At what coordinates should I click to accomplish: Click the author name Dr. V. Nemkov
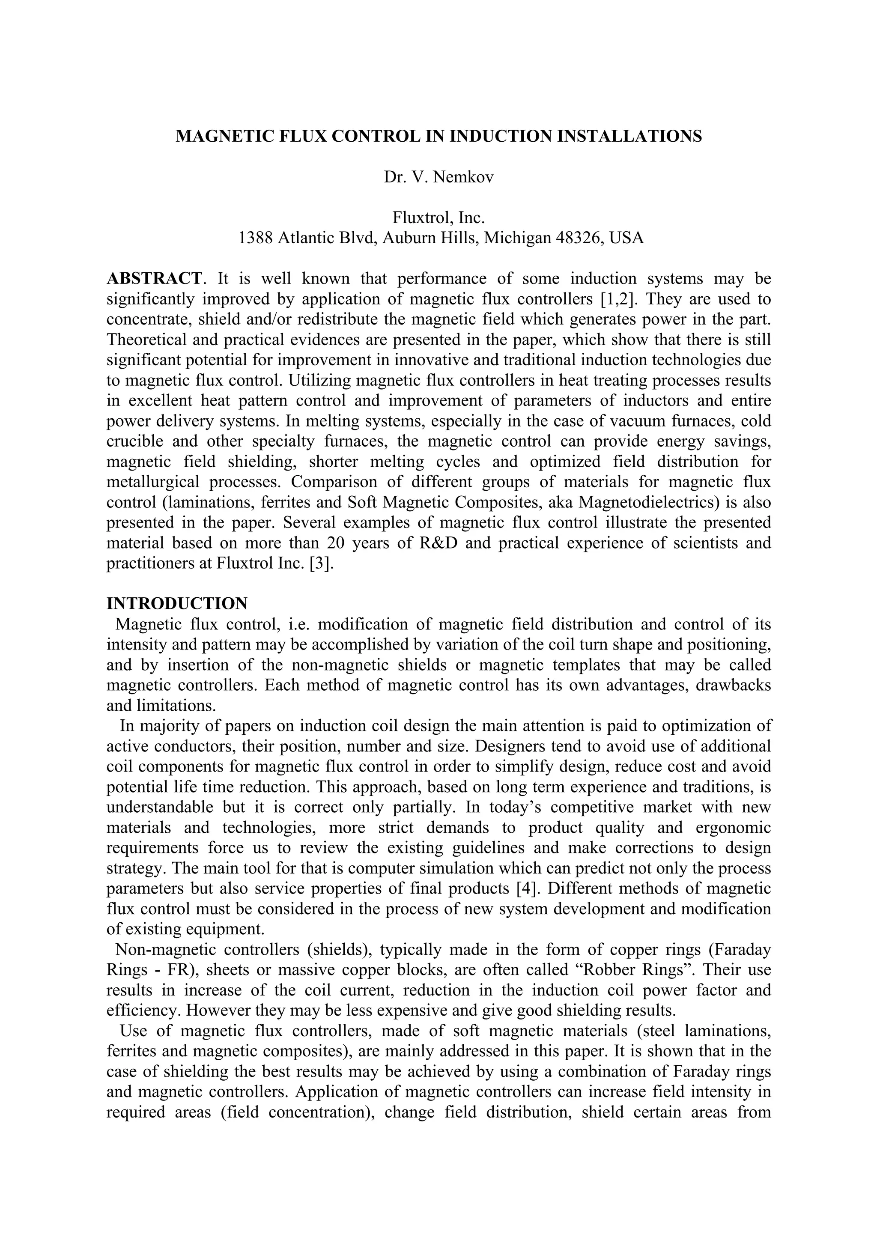(x=438, y=177)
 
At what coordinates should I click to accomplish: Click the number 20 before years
(x=337, y=543)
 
